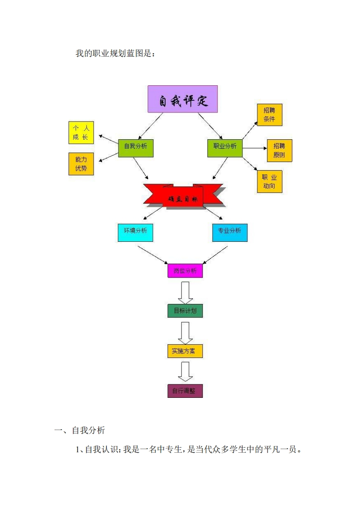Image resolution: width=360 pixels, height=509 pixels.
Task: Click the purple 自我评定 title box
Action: [x=182, y=99]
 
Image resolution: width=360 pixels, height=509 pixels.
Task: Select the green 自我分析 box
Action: [x=135, y=147]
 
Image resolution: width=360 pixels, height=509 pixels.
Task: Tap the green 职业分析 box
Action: [x=225, y=147]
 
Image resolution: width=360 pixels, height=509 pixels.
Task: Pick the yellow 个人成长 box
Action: [x=81, y=132]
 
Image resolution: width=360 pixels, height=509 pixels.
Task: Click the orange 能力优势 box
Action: [x=81, y=164]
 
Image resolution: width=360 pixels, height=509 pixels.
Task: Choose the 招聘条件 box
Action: [x=269, y=115]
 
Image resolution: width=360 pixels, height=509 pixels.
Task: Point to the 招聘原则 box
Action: [x=279, y=151]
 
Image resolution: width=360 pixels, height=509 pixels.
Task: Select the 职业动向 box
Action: [x=269, y=181]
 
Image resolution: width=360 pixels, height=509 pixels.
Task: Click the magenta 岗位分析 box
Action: [x=185, y=271]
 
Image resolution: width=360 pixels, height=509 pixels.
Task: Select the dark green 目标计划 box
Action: [x=185, y=311]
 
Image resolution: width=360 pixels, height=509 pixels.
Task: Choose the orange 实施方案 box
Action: [x=185, y=351]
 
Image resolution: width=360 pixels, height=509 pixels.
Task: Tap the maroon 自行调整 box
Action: [x=185, y=391]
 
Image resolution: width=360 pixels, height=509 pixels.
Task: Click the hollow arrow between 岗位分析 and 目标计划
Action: [x=185, y=292]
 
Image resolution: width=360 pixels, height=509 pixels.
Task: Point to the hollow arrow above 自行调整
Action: [x=185, y=372]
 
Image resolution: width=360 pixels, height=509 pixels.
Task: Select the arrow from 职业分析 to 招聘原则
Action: [x=254, y=147]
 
